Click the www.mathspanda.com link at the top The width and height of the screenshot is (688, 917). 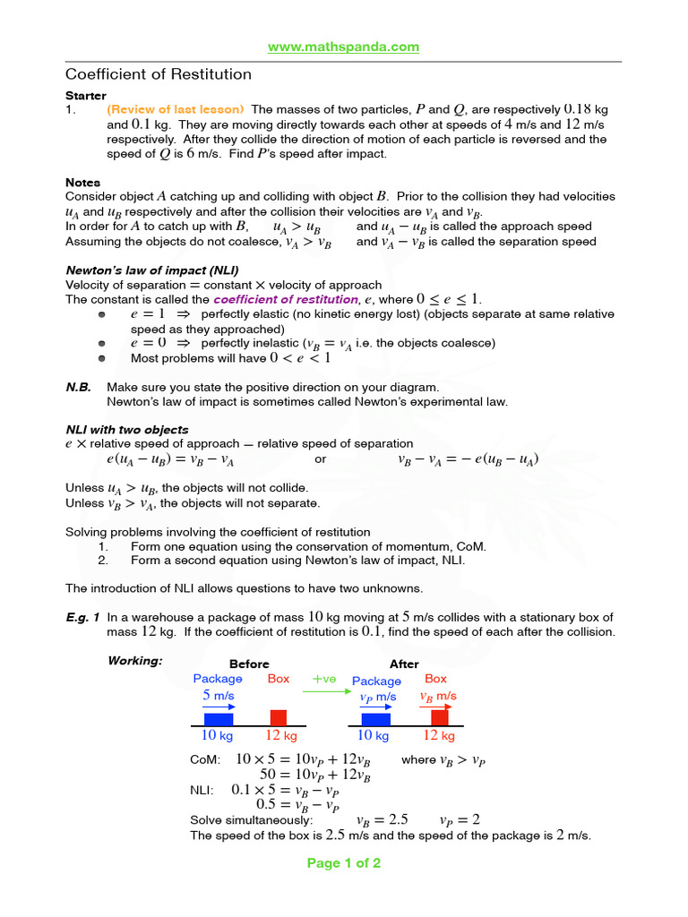coord(344,47)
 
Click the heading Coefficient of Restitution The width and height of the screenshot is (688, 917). coord(159,74)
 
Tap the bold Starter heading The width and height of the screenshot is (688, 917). coord(86,95)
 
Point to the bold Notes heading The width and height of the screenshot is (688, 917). coord(83,183)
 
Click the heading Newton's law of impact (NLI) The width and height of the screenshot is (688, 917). coord(152,270)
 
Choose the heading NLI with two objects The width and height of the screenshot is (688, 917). coord(127,429)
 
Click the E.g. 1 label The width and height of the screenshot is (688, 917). coord(82,617)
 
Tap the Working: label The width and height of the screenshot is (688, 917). coord(135,661)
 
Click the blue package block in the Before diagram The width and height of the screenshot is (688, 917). coord(219,718)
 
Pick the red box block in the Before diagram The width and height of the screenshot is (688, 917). coord(279,717)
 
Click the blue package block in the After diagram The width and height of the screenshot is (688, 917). coord(375,718)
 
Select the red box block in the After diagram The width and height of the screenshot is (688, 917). coord(440,717)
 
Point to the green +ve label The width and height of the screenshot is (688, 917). coord(323,679)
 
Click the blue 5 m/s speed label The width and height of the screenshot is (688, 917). coord(219,694)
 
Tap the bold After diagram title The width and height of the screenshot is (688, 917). coord(404,664)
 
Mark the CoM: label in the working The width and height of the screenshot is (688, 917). coord(205,760)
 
